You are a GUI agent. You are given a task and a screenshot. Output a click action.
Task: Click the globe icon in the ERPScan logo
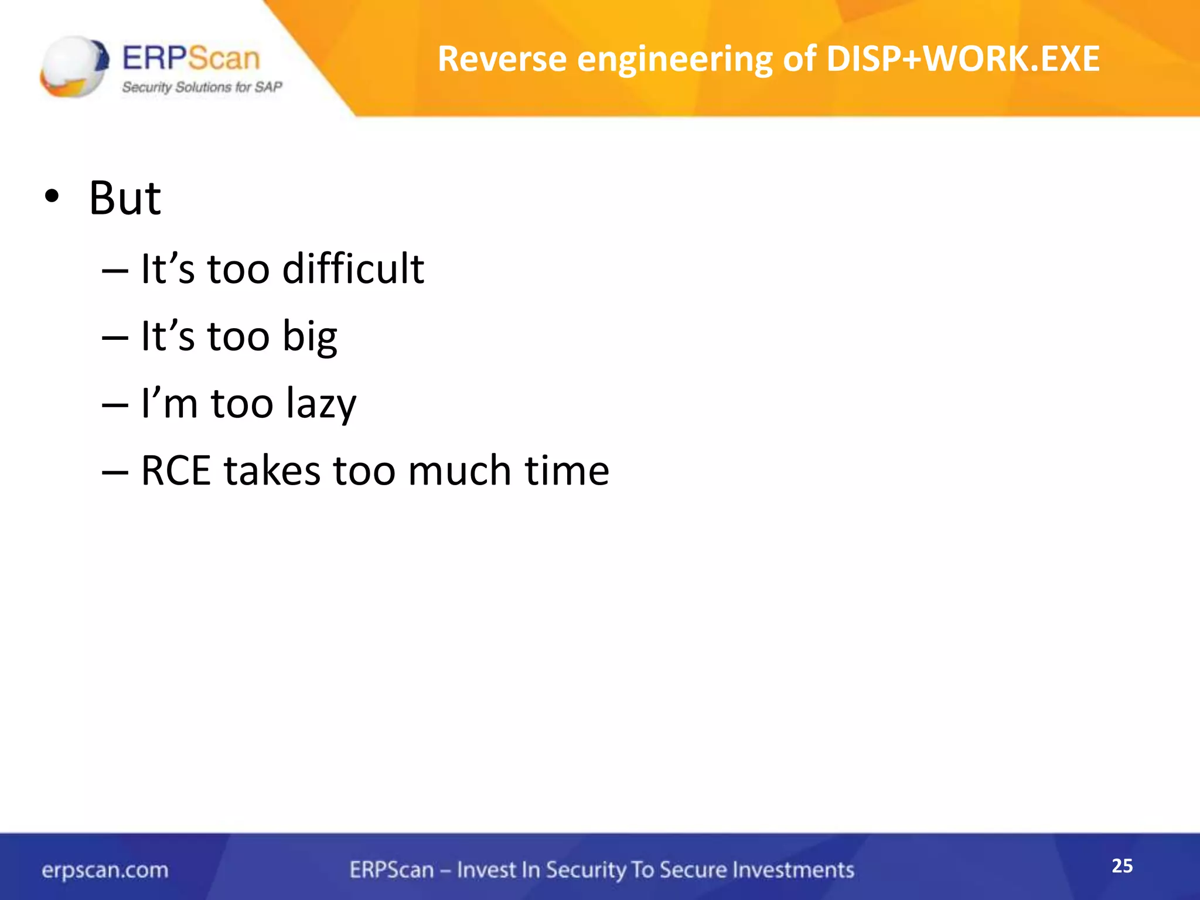coord(74,66)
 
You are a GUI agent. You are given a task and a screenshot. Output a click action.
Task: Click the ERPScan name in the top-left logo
coord(191,59)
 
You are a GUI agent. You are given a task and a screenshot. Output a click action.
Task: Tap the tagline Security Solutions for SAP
coord(202,87)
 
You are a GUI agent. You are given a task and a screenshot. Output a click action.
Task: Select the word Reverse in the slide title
coord(502,59)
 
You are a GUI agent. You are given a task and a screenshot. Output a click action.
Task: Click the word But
coord(125,198)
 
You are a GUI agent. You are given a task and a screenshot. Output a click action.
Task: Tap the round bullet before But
coord(52,198)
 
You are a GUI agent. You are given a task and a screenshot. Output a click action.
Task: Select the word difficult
coord(353,269)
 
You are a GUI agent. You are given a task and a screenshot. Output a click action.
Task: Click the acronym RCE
coord(176,471)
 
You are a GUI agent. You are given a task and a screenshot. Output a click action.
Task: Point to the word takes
coord(272,471)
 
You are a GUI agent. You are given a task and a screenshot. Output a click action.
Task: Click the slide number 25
coord(1122,866)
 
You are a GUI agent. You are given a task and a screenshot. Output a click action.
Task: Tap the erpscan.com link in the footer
coord(105,870)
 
